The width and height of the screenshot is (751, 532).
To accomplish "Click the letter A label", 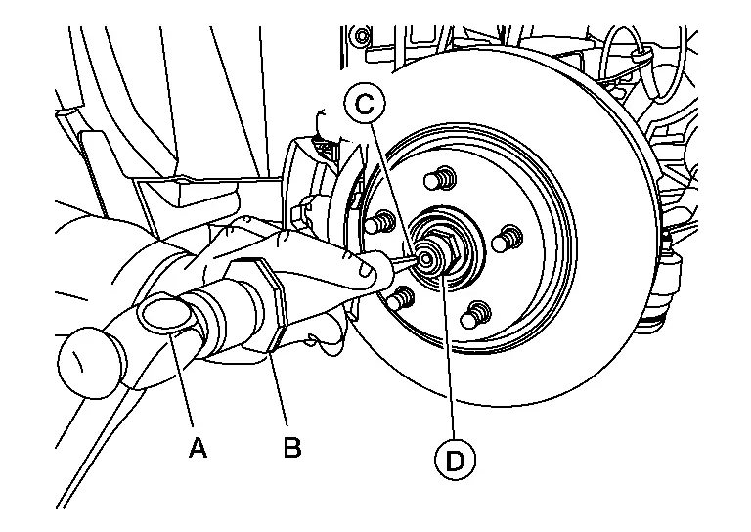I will pos(198,448).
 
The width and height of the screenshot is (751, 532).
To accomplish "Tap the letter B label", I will pos(291,448).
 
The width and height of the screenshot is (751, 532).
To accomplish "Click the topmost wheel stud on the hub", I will pos(441,179).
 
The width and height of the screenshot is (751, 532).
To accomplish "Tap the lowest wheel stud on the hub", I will pos(476,314).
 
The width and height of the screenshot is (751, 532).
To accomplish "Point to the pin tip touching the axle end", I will pos(421,260).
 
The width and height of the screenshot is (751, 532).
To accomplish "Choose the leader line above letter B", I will pos(279,391).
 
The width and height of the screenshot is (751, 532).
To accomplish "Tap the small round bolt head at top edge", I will pos(363,38).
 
